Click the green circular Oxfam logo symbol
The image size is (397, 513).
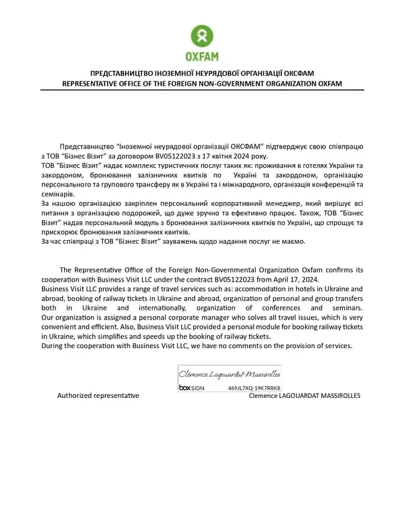(x=202, y=36)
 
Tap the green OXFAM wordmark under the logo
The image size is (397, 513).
(x=202, y=57)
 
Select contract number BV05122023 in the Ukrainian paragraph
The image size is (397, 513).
(x=167, y=155)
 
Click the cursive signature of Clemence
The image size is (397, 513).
(x=229, y=374)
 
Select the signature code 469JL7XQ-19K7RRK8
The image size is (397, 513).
(x=253, y=387)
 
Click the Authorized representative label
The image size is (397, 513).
(x=98, y=395)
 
